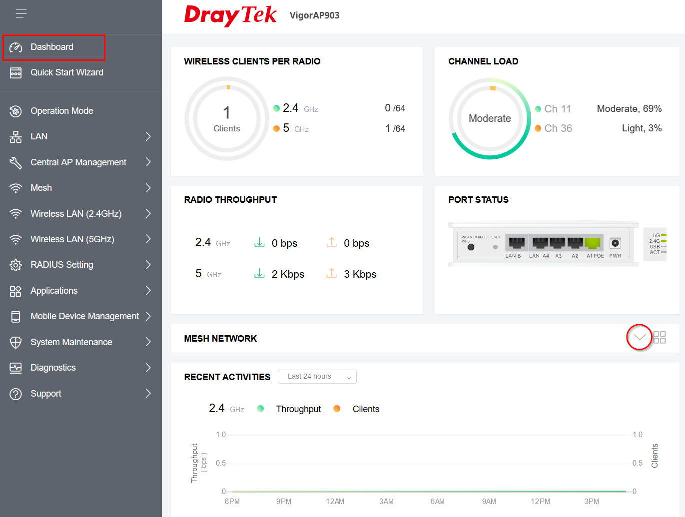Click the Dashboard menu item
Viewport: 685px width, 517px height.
(x=52, y=47)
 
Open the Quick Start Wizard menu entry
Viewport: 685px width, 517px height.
(x=67, y=72)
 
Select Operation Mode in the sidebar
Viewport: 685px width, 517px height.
(x=62, y=111)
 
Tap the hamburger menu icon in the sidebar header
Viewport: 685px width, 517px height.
(x=21, y=13)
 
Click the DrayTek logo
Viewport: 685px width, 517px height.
(x=230, y=15)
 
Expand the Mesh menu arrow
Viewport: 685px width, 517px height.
(x=148, y=188)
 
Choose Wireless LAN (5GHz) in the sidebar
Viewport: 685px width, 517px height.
(x=72, y=239)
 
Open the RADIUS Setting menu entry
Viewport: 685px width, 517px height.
(x=62, y=265)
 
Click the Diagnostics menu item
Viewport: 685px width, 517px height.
(x=53, y=368)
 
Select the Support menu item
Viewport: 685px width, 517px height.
(x=45, y=394)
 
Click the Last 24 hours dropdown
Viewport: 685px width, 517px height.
(x=317, y=377)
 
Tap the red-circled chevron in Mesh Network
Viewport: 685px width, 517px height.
(x=639, y=337)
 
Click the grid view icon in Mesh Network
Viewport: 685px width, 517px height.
(x=660, y=337)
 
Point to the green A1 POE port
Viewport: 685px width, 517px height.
(x=592, y=243)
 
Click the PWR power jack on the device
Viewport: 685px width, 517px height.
(x=615, y=243)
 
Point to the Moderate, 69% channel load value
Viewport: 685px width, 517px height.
(x=629, y=108)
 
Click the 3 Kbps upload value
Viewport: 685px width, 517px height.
(x=360, y=274)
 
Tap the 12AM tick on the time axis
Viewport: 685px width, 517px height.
(x=335, y=502)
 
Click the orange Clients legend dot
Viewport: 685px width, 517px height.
(x=337, y=409)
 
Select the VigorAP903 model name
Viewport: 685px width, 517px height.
(x=315, y=15)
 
